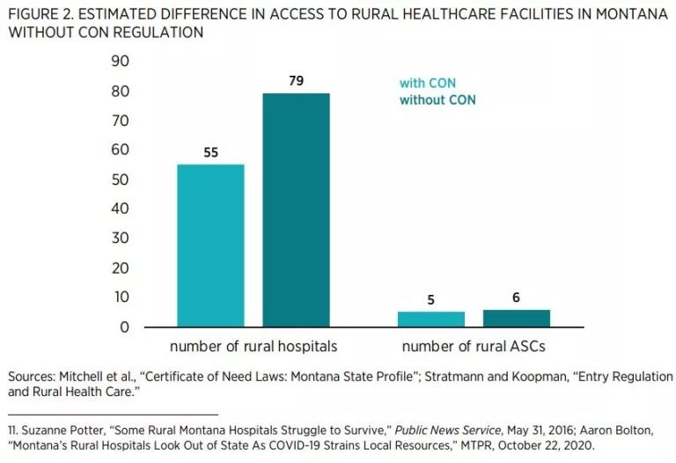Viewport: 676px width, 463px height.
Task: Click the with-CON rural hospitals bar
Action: tap(210, 246)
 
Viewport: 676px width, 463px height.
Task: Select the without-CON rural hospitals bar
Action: tap(296, 210)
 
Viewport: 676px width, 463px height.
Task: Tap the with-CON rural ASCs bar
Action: tap(431, 319)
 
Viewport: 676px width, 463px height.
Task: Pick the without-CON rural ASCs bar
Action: tap(516, 318)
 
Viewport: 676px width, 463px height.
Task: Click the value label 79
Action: tap(296, 81)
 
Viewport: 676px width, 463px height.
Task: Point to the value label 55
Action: tap(210, 152)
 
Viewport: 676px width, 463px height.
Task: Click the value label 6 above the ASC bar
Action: tap(516, 298)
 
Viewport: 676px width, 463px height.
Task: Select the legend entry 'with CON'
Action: tap(428, 84)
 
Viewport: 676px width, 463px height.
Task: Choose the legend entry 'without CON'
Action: tap(437, 100)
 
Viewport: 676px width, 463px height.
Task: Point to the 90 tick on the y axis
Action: tap(121, 62)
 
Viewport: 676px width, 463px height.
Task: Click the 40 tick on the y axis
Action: tap(121, 209)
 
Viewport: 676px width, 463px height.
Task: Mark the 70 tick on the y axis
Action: tap(121, 121)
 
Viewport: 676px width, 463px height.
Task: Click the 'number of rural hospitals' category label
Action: tap(253, 346)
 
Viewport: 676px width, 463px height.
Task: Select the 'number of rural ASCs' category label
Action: tap(474, 346)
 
